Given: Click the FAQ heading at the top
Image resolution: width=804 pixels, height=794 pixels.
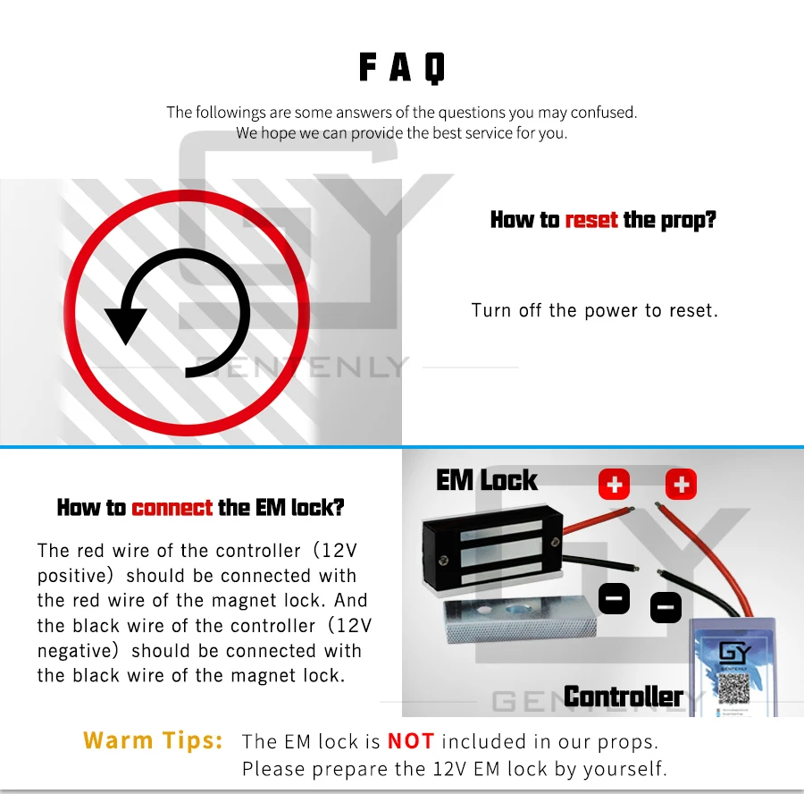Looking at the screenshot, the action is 401,67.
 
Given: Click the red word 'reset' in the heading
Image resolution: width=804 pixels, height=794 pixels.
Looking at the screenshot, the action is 591,220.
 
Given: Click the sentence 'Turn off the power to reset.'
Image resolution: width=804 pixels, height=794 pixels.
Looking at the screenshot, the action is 594,310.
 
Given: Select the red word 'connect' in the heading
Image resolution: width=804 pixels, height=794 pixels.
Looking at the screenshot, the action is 172,508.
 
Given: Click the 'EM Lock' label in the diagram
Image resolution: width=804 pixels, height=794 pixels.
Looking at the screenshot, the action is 487,480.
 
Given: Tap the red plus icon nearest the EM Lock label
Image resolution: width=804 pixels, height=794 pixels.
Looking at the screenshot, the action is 615,484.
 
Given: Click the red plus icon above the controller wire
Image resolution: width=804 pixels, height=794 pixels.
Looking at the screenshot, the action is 681,484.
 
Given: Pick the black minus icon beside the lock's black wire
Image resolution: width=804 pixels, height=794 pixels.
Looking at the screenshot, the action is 615,598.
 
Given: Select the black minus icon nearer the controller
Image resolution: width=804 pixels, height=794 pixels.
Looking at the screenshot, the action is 666,607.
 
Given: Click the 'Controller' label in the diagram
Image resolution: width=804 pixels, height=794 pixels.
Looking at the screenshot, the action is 623,697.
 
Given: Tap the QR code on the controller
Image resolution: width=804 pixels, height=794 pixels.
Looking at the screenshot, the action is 733,688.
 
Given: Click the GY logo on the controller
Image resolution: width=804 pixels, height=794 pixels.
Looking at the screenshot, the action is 735,653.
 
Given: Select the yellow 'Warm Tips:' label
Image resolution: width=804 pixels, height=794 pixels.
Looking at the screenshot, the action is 153,740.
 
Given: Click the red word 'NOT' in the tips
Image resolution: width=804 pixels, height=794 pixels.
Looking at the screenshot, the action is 411,741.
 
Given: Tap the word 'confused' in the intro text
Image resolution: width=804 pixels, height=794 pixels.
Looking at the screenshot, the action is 604,112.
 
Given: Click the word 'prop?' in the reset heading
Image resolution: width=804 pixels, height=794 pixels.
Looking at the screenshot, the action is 688,221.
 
